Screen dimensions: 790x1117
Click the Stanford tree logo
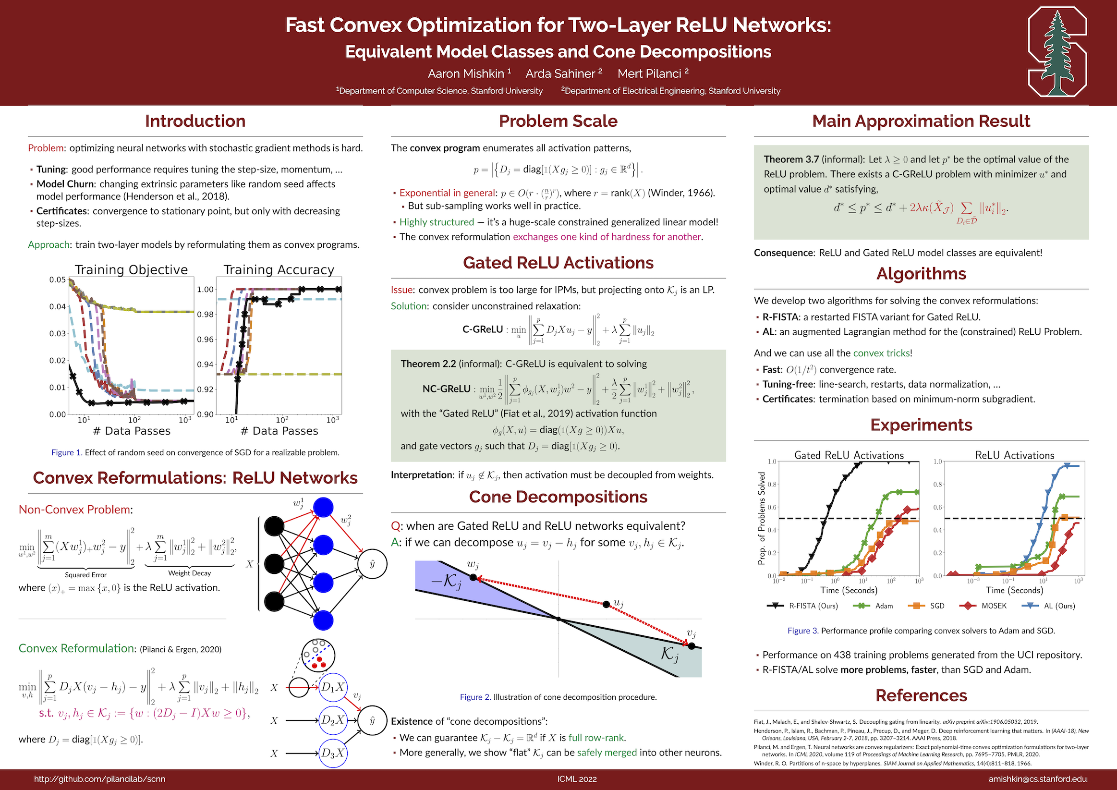click(1056, 52)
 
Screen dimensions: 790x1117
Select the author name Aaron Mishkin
click(466, 73)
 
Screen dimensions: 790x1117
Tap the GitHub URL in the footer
click(99, 779)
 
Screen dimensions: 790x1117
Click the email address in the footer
click(1037, 779)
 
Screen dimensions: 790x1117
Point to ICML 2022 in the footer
click(576, 779)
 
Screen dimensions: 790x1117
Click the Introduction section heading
click(195, 121)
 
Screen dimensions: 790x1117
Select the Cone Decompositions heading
click(558, 497)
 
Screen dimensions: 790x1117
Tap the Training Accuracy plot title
click(279, 269)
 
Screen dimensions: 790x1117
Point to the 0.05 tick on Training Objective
click(58, 280)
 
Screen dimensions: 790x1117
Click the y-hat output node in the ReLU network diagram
click(372, 564)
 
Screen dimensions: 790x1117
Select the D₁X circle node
click(333, 687)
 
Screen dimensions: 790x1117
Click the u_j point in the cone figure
click(606, 605)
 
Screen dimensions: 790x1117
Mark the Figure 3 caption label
click(802, 631)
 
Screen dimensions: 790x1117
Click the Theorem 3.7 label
click(790, 159)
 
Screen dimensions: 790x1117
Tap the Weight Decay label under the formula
click(189, 573)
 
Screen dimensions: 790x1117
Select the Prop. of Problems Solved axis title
click(762, 518)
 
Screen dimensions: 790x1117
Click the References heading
click(921, 695)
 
